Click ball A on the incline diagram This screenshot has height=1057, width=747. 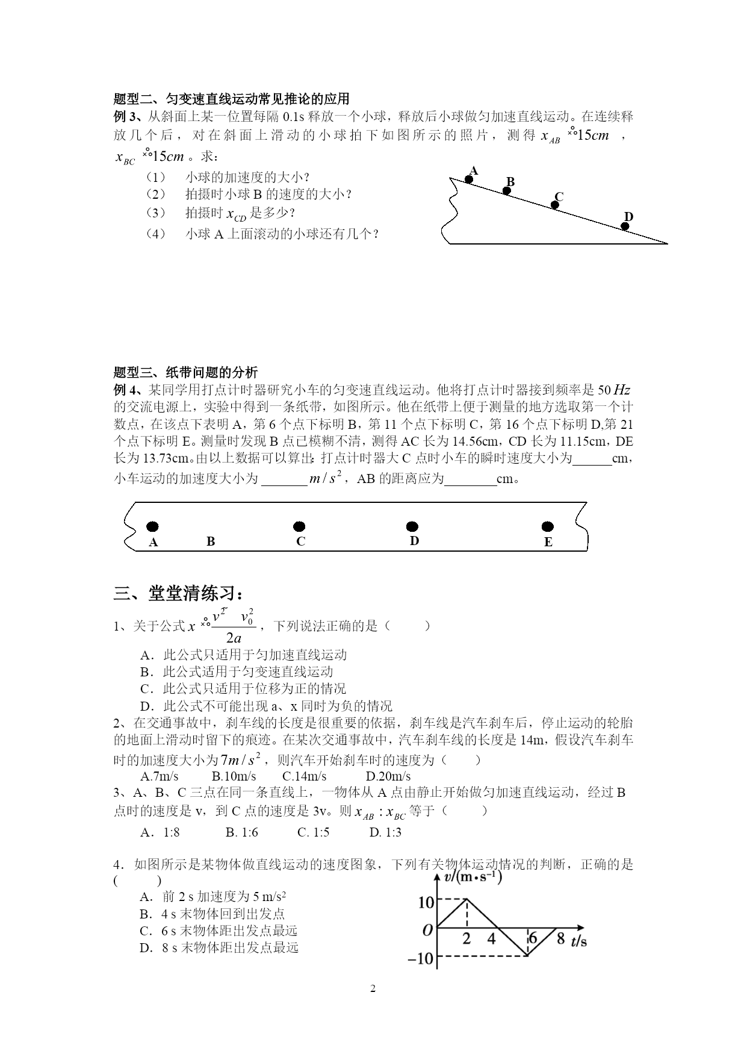coord(468,179)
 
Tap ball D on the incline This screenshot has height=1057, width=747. coord(625,226)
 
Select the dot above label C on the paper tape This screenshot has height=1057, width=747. coord(299,527)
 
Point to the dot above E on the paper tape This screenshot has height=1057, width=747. coord(548,527)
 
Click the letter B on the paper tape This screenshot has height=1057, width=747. coord(211,541)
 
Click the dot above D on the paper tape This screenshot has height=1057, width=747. coord(412,527)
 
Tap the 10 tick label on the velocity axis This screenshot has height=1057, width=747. coord(426,902)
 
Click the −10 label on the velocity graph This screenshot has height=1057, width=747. coord(421,958)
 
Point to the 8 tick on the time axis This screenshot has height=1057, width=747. coord(560,938)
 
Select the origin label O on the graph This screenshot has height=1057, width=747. coord(427,930)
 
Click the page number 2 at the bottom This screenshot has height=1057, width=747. coord(373,988)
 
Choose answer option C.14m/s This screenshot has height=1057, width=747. coord(304,776)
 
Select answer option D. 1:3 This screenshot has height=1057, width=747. coord(385,832)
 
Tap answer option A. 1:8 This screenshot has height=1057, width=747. coord(160,832)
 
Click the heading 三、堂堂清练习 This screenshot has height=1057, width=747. coord(178,594)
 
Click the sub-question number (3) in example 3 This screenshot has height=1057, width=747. coord(155,213)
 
